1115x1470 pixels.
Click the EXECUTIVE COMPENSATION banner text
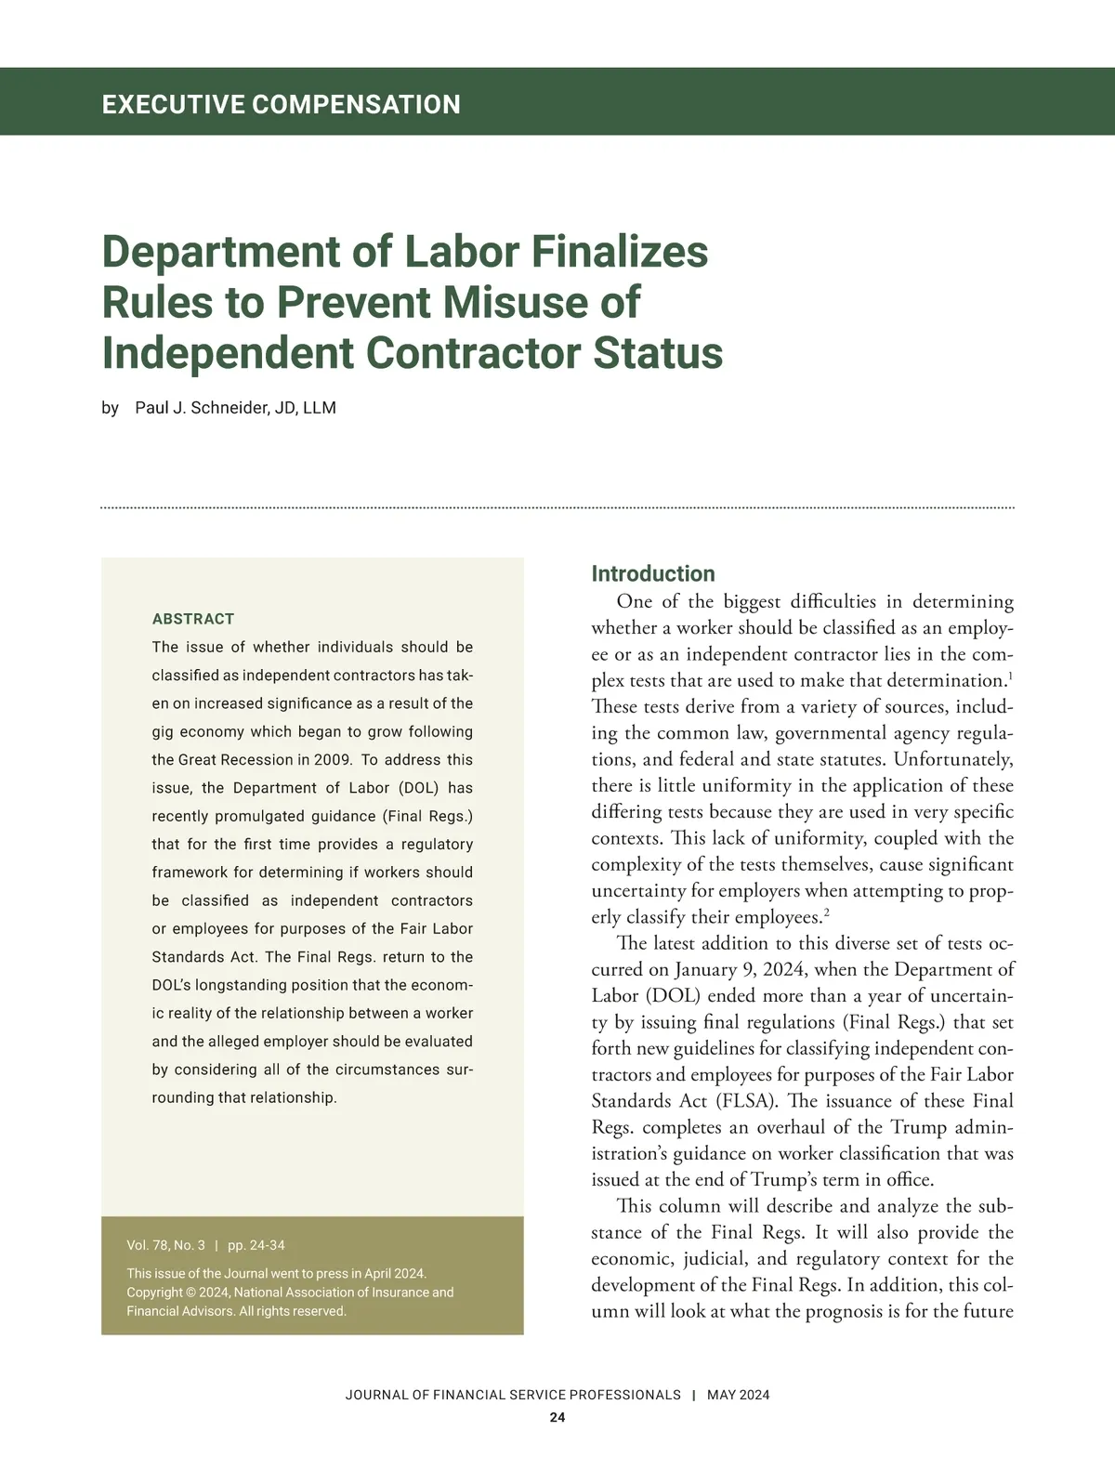(x=281, y=103)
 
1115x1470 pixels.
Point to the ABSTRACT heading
(x=193, y=619)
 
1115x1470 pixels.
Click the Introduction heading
(x=653, y=573)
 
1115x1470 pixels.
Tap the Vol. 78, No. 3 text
(x=165, y=1245)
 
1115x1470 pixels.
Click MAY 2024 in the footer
(x=738, y=1395)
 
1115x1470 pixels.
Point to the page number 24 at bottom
(x=557, y=1418)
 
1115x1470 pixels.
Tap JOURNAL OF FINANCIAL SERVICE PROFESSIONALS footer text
(x=513, y=1395)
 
